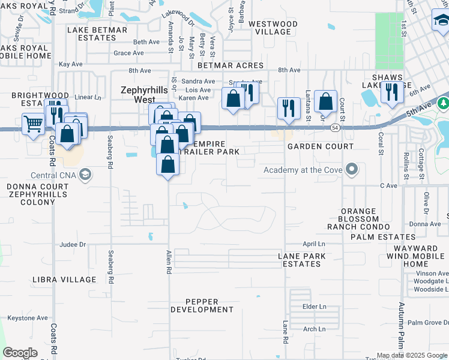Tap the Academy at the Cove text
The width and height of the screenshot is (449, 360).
point(303,170)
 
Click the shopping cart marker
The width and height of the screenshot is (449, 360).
point(34,124)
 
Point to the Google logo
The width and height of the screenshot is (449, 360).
point(20,353)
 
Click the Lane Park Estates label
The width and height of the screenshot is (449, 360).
point(302,260)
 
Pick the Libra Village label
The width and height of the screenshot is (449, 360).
point(64,280)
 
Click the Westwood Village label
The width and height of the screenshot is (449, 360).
point(273,28)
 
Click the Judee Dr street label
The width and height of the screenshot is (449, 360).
point(73,244)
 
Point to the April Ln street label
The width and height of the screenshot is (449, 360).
point(313,244)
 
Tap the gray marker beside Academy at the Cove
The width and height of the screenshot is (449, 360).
point(352,170)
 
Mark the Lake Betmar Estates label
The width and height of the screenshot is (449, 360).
point(97,34)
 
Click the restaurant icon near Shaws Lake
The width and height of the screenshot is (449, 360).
point(391,92)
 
